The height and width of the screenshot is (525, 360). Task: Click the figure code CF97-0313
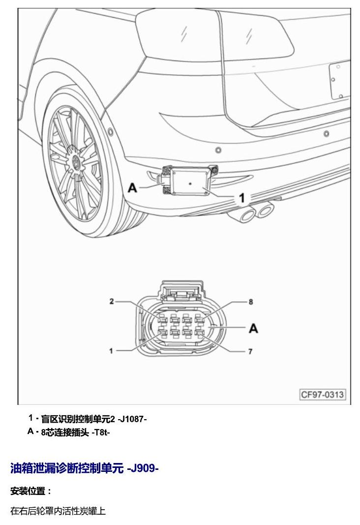(323, 394)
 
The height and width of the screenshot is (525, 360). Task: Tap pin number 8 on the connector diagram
(251, 302)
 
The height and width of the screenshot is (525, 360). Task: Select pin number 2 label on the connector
(112, 301)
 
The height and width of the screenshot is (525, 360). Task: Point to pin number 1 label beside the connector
(111, 351)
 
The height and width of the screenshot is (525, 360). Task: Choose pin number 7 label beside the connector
(250, 351)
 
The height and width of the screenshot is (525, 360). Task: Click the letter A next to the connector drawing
(253, 328)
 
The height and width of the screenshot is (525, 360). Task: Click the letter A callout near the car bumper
(133, 188)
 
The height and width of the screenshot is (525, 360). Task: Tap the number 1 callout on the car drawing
(241, 198)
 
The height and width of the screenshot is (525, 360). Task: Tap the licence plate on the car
(340, 80)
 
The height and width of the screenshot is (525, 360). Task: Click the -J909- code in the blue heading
(143, 468)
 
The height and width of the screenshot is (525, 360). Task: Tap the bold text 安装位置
(28, 491)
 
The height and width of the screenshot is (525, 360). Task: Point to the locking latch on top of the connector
(181, 291)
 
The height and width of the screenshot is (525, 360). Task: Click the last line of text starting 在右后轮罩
(58, 511)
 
